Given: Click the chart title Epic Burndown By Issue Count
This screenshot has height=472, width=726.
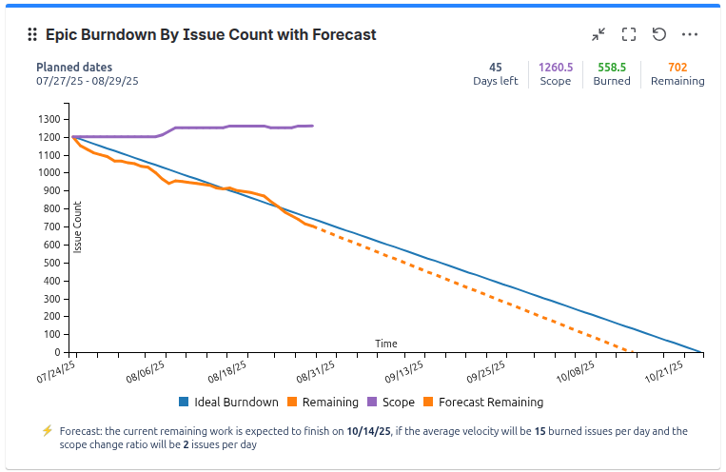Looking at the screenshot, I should pyautogui.click(x=210, y=34).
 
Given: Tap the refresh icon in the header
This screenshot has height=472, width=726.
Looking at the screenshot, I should pyautogui.click(x=659, y=34).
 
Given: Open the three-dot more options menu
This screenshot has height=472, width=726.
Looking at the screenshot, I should pyautogui.click(x=691, y=34).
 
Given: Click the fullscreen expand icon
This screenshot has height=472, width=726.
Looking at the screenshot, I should pyautogui.click(x=628, y=34).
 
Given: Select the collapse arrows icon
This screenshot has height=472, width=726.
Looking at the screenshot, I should pyautogui.click(x=598, y=34).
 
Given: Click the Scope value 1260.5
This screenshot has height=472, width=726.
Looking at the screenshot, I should pyautogui.click(x=555, y=68).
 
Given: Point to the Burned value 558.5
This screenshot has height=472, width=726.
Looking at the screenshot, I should pyautogui.click(x=612, y=68).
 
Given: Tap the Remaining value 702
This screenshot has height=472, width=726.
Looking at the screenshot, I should pyautogui.click(x=677, y=68).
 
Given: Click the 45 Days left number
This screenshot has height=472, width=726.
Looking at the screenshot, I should pyautogui.click(x=495, y=68).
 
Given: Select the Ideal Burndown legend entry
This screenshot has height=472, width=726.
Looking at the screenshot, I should pyautogui.click(x=228, y=403).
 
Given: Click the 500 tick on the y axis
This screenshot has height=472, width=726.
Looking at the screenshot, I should pyautogui.click(x=53, y=263).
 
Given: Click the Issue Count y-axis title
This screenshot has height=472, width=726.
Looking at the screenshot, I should pyautogui.click(x=78, y=227).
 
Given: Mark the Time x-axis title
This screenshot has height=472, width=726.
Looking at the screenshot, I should pyautogui.click(x=386, y=344).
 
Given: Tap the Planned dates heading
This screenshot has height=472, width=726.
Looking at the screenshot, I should pyautogui.click(x=74, y=68).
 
